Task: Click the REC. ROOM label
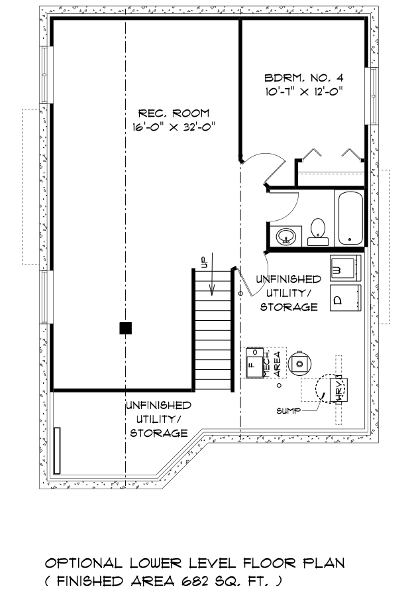tap(174, 113)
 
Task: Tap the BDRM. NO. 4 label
tap(304, 78)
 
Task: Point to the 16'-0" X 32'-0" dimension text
tap(174, 127)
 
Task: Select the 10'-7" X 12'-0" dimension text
tap(304, 91)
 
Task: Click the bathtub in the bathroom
tap(350, 218)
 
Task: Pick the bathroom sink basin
tap(286, 237)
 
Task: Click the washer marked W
tap(345, 268)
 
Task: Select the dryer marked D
tap(345, 298)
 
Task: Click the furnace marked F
tap(254, 363)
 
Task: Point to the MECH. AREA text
tap(272, 363)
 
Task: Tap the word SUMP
tap(288, 411)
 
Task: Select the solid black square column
tap(126, 328)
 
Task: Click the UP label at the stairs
tap(204, 262)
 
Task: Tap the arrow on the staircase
tap(213, 274)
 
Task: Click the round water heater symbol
tap(299, 364)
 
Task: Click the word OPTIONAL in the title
tap(83, 563)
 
